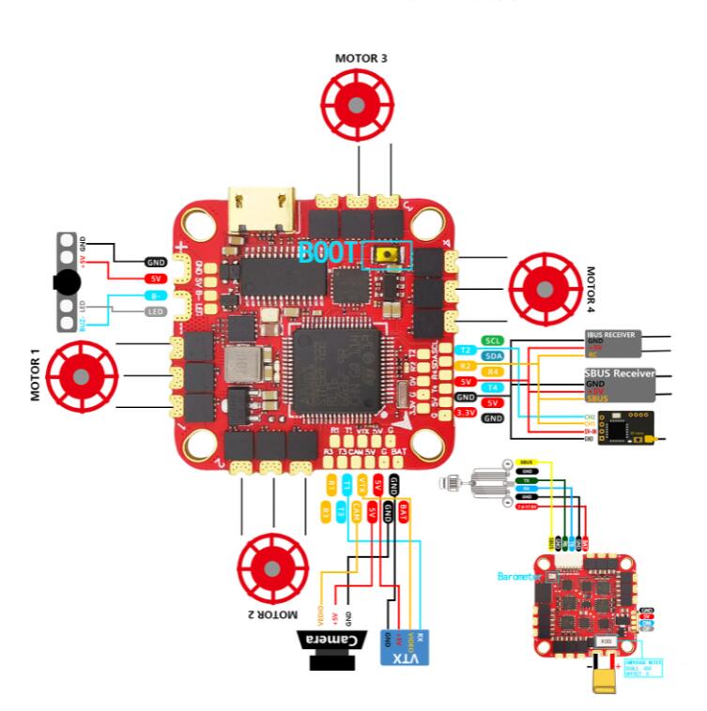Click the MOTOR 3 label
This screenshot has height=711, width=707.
[x=361, y=57]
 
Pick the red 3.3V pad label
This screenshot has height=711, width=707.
[x=463, y=413]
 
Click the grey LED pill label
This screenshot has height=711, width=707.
[x=155, y=310]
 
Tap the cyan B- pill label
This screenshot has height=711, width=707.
[x=155, y=295]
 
